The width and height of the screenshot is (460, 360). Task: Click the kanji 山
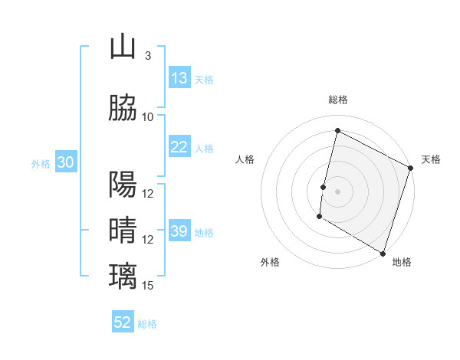(x=123, y=48)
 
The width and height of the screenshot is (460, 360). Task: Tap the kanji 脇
(x=123, y=109)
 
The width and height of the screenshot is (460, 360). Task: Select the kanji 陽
(x=123, y=185)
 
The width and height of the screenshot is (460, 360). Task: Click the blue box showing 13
(x=179, y=78)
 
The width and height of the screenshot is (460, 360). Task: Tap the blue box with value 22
(x=179, y=147)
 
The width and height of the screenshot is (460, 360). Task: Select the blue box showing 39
(x=179, y=231)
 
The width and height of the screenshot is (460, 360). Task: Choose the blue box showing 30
(x=65, y=162)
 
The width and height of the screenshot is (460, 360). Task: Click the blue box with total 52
(x=123, y=322)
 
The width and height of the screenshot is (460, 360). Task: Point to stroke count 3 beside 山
(x=147, y=56)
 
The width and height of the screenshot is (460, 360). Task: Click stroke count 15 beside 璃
(x=148, y=286)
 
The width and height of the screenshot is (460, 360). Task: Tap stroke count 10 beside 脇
(x=148, y=116)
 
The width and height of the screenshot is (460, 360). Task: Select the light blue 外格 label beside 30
(x=41, y=163)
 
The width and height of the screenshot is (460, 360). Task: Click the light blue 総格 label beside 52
(x=147, y=324)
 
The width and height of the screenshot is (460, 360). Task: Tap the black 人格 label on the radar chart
(x=245, y=159)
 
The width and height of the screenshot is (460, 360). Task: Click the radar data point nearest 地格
(x=382, y=253)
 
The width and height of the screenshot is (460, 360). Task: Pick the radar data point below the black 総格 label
(x=337, y=130)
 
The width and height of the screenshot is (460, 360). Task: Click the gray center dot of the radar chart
(x=337, y=191)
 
